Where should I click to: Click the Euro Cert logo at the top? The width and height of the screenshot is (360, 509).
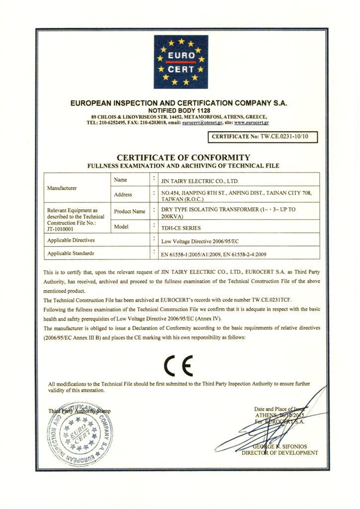pyautogui.click(x=180, y=61)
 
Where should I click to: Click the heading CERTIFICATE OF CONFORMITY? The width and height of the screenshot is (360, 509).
pyautogui.click(x=180, y=158)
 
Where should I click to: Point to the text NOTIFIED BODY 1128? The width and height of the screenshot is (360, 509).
pyautogui.click(x=180, y=110)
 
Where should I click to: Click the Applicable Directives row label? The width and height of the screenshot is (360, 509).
pyautogui.click(x=71, y=240)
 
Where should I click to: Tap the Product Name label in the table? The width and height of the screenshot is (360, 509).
pyautogui.click(x=129, y=211)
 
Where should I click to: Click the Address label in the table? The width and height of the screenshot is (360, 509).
pyautogui.click(x=123, y=194)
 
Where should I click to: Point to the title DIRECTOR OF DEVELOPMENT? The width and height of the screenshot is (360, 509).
pyautogui.click(x=280, y=453)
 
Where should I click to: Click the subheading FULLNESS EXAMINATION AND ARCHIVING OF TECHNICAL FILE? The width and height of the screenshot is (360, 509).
pyautogui.click(x=180, y=166)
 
